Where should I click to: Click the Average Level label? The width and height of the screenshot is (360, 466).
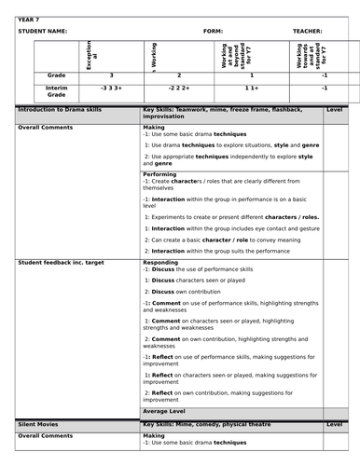(x=169, y=409)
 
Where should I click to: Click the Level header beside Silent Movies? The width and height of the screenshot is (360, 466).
(x=334, y=423)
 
